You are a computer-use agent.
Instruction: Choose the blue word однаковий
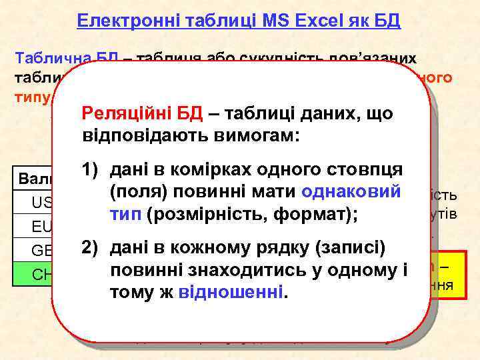tap(352, 192)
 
